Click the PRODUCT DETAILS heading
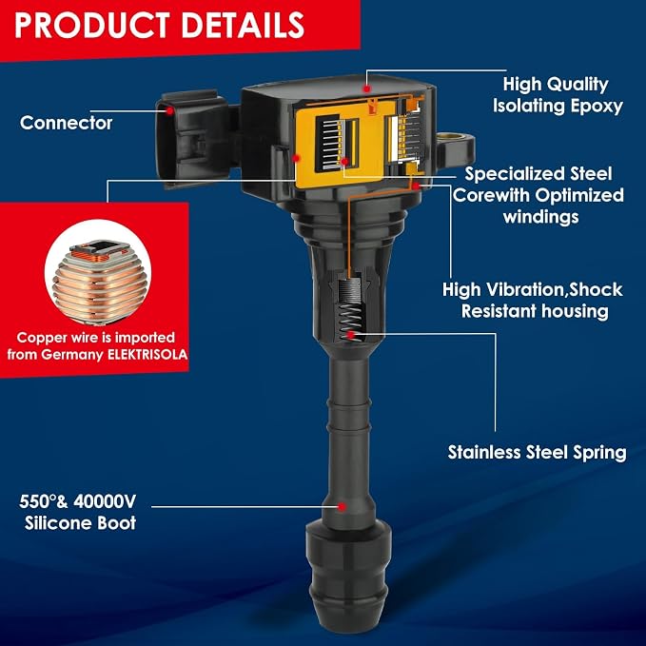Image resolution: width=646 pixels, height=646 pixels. coord(160,25)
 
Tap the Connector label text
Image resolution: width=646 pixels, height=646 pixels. coord(66,123)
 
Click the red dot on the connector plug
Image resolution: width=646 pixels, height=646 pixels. coord(169,110)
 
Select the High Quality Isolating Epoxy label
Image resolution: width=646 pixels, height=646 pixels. coord(558,95)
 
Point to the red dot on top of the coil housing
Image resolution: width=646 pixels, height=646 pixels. coord(366,88)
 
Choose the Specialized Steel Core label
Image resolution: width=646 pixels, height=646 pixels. coord(538,195)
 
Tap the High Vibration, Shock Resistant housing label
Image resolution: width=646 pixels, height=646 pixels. coord(532,301)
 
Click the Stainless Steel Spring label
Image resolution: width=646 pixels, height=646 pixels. coord(537,452)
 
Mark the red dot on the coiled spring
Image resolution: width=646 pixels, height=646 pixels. coord(351,335)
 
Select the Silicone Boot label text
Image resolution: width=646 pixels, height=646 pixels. coord(80,523)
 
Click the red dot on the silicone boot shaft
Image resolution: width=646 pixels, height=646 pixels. coord(342,507)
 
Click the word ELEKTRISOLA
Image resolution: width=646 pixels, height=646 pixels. coord(147,355)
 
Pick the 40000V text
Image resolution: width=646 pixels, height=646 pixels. coord(105,501)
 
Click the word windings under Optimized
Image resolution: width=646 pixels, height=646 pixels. coord(540,217)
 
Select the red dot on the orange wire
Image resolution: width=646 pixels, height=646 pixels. coord(416,186)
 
